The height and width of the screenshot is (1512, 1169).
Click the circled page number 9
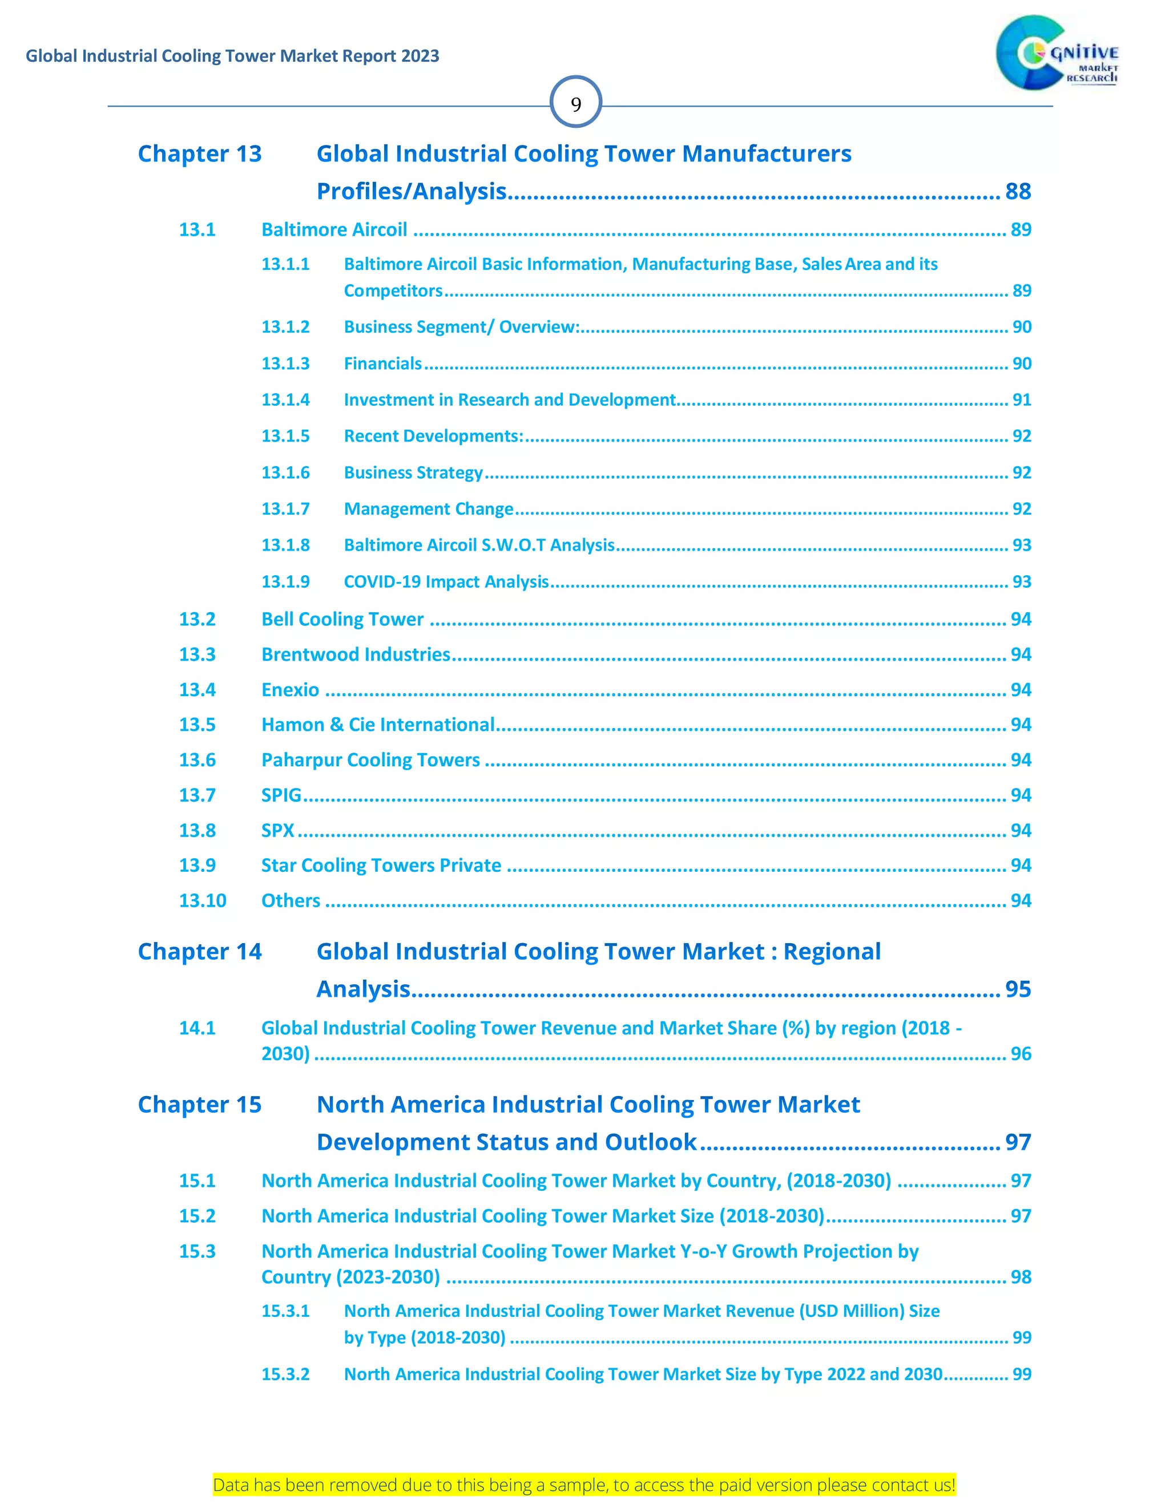(575, 103)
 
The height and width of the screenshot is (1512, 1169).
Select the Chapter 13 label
(199, 153)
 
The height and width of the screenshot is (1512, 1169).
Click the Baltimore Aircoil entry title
(334, 230)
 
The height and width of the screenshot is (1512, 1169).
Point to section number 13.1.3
(285, 363)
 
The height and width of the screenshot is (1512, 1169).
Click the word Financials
(382, 363)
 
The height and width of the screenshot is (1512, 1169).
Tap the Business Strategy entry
(413, 473)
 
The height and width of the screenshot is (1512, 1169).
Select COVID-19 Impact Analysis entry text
(446, 581)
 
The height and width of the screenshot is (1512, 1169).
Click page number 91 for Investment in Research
(1022, 400)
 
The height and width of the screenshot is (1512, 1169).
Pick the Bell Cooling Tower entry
(342, 619)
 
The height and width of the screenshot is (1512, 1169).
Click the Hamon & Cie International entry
(377, 725)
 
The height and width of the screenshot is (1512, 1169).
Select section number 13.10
(202, 901)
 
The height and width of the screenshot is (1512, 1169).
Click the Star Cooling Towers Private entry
(381, 866)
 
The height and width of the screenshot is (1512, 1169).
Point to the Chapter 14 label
(199, 952)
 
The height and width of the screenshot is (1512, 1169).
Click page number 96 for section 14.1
(1021, 1054)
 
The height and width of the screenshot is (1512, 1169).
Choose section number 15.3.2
(285, 1374)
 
